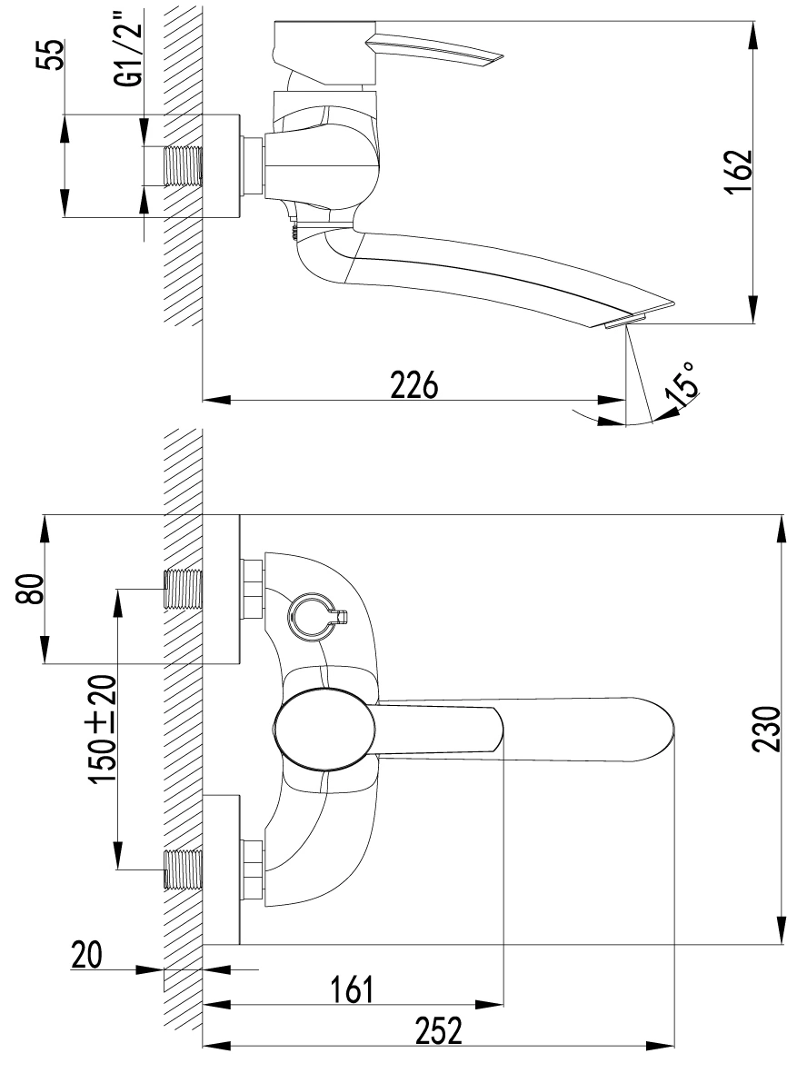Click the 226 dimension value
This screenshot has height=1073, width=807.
pos(414,384)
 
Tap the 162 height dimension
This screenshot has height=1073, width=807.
pos(739,173)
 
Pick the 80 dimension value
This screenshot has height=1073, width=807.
pos(30,589)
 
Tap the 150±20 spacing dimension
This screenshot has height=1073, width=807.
pos(103,730)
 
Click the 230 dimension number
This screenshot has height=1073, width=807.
pos(767,728)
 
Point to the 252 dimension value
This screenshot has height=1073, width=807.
pos(439,1030)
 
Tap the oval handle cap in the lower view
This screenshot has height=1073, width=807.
pos(324,730)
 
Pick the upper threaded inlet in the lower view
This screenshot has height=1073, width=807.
pos(184,589)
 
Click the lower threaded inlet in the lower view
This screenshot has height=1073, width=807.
pos(184,869)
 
